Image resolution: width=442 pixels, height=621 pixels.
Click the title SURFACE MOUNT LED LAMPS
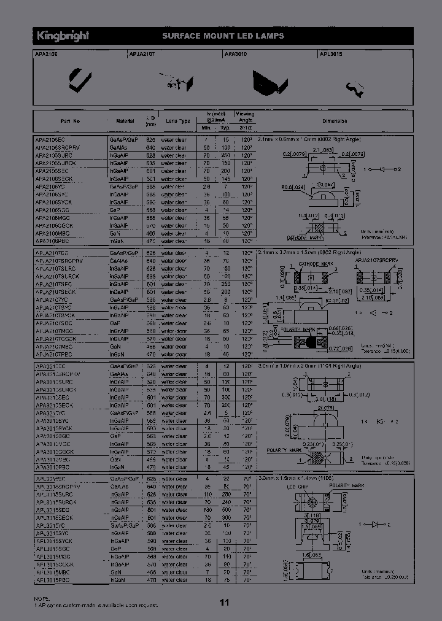(223, 36)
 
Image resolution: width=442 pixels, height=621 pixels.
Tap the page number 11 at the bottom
(224, 603)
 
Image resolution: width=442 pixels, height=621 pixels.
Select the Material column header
(125, 121)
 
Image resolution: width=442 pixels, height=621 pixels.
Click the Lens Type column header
(177, 121)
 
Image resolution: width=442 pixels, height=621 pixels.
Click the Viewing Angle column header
(246, 117)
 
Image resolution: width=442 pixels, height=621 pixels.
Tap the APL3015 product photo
(356, 88)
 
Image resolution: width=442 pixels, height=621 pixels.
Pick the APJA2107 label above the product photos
(142, 54)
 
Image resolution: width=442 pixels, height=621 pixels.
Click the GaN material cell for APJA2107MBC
(115, 346)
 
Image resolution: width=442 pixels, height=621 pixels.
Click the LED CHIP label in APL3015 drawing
(297, 486)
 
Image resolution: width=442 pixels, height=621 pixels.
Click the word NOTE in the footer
(41, 598)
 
